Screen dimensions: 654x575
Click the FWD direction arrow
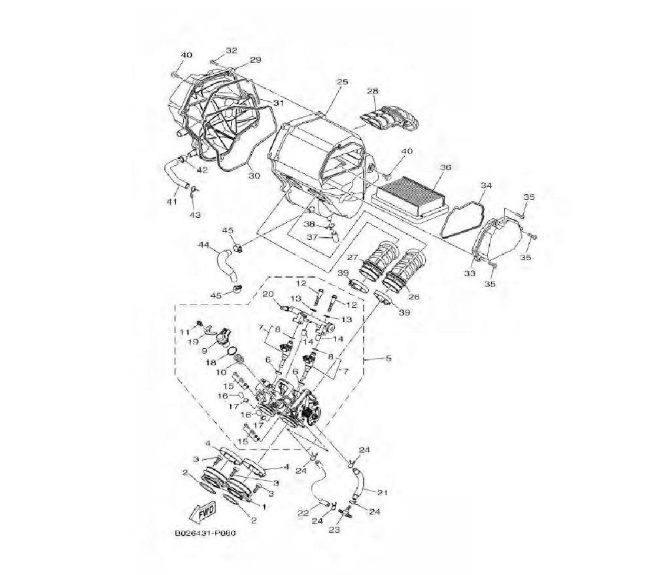tap(202, 511)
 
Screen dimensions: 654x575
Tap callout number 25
tap(342, 82)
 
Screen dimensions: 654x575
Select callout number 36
tap(445, 167)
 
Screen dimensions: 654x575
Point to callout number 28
tap(373, 91)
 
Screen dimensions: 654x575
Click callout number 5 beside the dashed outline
tap(388, 358)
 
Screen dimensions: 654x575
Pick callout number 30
tap(254, 176)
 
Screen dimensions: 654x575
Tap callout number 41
tap(172, 202)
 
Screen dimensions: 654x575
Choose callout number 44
tap(203, 246)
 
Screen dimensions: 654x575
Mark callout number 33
tap(470, 273)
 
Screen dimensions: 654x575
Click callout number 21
tap(383, 493)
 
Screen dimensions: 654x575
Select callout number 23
tap(334, 530)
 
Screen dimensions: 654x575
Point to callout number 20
tap(267, 295)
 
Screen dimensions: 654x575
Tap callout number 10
tap(220, 372)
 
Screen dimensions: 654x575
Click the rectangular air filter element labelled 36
tap(409, 195)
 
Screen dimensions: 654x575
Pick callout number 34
tap(487, 186)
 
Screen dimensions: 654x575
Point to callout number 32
tap(232, 50)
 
